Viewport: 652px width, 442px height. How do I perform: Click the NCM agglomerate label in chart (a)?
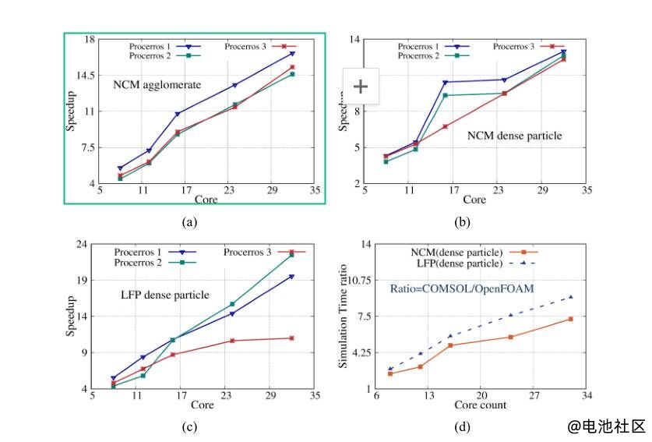click(x=157, y=84)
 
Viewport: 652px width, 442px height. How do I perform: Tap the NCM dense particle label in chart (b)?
click(x=514, y=136)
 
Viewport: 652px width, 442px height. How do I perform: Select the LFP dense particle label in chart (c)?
click(x=164, y=295)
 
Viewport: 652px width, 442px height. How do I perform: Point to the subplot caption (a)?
click(x=189, y=222)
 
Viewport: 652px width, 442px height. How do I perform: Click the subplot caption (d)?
click(x=463, y=426)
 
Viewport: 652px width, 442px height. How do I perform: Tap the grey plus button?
click(x=361, y=86)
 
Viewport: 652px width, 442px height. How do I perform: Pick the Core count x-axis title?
click(x=481, y=405)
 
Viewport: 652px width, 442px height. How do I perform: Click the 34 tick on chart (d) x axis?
click(x=587, y=396)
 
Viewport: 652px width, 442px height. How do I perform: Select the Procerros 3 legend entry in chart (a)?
click(x=245, y=48)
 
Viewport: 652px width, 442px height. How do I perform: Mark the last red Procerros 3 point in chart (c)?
click(x=291, y=338)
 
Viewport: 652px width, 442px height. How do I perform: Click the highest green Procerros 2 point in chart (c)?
click(x=291, y=255)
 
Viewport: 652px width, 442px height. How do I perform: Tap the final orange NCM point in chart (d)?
click(x=571, y=319)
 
